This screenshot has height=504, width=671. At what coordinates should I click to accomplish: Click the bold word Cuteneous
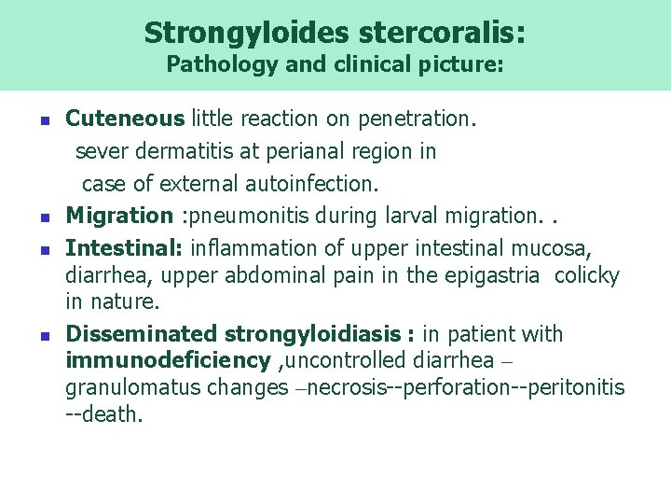coord(125,119)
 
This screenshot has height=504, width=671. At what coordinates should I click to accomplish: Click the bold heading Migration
coord(118,216)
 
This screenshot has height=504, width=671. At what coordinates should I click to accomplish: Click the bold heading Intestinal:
coord(124,248)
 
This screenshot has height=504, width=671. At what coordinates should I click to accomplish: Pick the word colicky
coord(589,275)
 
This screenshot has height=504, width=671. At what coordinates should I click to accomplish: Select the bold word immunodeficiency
coord(168,360)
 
